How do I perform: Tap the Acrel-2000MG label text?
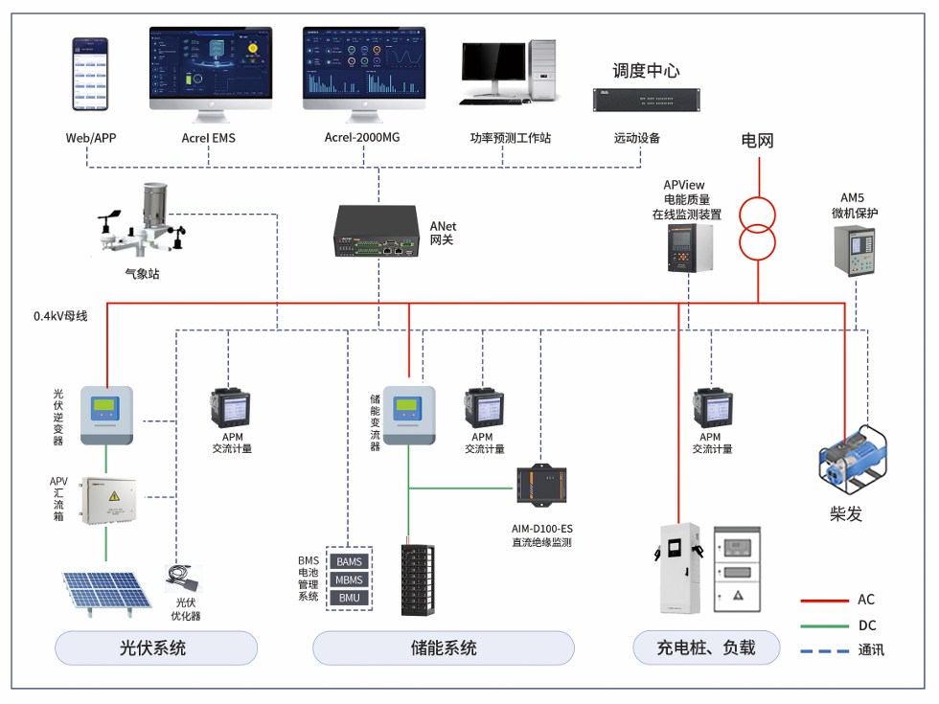point(362,138)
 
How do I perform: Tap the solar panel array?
point(106,589)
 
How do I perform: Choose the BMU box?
point(349,598)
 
